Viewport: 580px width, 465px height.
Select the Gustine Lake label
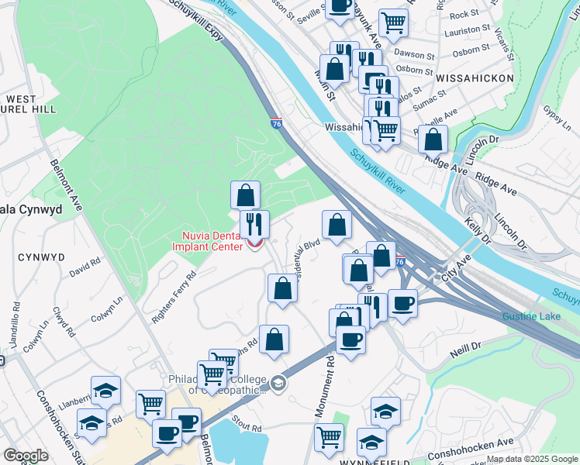coord(530,317)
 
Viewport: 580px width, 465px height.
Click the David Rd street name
coord(85,268)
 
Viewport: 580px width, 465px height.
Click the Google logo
coord(26,456)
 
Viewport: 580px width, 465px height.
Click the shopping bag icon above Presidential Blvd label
coord(337,225)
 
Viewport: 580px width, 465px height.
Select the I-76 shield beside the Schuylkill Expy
coord(277,123)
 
